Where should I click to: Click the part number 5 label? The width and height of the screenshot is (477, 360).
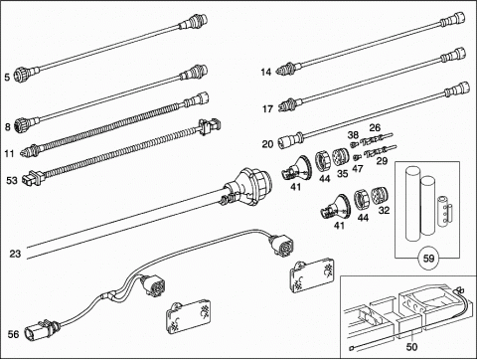click(x=7, y=78)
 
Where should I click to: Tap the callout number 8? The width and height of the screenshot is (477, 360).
click(x=8, y=126)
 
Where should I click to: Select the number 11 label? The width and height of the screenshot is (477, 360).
click(x=9, y=154)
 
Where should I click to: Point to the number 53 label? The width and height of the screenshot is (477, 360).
click(x=12, y=181)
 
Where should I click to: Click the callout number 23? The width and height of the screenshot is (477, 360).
click(x=15, y=254)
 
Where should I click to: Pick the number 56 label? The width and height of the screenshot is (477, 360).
click(x=13, y=334)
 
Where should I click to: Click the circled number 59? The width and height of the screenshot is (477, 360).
click(x=429, y=258)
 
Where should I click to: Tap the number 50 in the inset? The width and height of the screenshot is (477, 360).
click(x=411, y=347)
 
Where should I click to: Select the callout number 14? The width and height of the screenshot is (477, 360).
click(x=266, y=72)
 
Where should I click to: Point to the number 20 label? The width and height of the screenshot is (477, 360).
click(x=267, y=144)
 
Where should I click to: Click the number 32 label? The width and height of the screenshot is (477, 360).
click(x=384, y=210)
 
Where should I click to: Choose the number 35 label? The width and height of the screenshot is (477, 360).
click(x=343, y=173)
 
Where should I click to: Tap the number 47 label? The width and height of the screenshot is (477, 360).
click(x=358, y=169)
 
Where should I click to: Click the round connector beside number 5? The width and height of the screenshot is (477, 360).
click(x=23, y=74)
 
